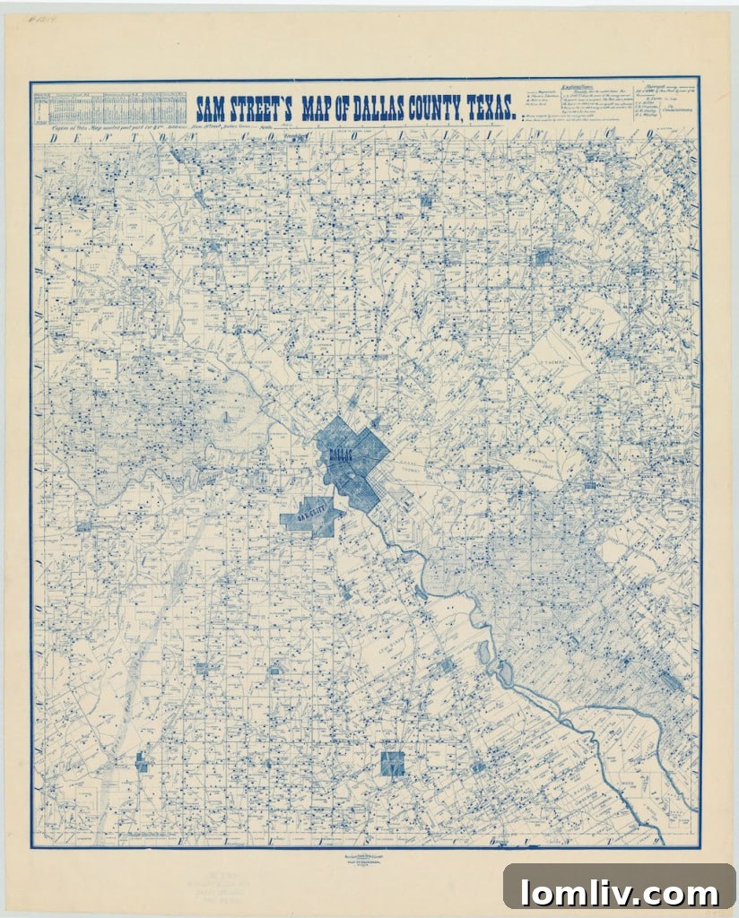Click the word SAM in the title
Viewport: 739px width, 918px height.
click(215, 108)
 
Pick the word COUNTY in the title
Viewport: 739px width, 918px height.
click(464, 108)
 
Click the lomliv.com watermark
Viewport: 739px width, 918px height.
click(619, 892)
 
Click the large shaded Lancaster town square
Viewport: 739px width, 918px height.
click(392, 764)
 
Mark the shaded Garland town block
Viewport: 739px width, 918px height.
click(542, 258)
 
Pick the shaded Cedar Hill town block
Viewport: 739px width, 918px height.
click(142, 762)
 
